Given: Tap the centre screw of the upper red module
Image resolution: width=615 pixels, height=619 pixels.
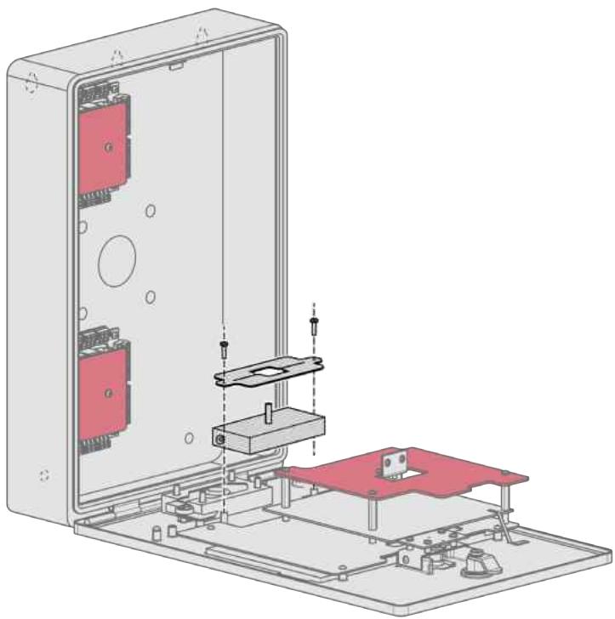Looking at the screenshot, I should [108, 147].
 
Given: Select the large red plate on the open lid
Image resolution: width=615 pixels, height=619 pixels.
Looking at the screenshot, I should [408, 480].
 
